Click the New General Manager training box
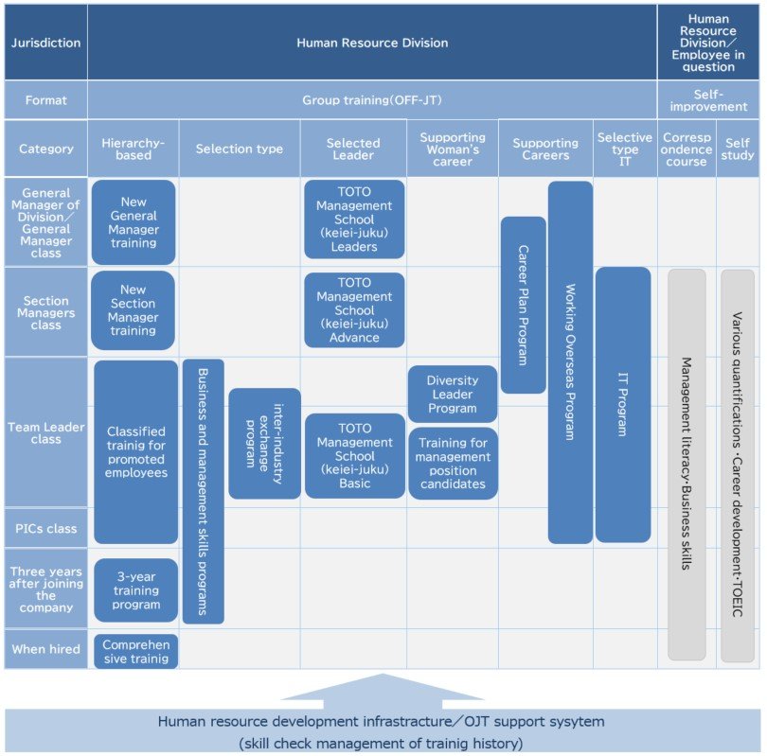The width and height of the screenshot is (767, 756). tap(134, 221)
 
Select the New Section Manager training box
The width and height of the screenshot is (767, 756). tap(134, 310)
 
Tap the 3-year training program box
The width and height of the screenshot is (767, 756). tap(135, 589)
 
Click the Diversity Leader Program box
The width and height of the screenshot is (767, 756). tap(453, 394)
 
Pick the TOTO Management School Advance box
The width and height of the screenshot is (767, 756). tap(354, 310)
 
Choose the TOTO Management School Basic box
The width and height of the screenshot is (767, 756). tap(354, 456)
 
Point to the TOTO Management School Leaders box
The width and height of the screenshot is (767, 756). tap(354, 220)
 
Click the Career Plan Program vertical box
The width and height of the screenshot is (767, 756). tap(523, 305)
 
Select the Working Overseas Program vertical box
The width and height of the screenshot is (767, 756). tap(570, 361)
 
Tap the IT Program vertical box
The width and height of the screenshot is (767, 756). tap(622, 404)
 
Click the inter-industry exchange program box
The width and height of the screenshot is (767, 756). tap(264, 443)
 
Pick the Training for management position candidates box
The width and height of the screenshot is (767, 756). tap(453, 463)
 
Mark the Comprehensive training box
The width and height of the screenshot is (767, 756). tap(135, 651)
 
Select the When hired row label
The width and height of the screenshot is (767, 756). tap(45, 649)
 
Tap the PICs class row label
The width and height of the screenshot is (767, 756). tap(45, 528)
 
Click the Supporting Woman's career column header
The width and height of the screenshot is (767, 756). tap(453, 149)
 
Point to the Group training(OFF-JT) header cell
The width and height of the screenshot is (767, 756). tap(372, 99)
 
